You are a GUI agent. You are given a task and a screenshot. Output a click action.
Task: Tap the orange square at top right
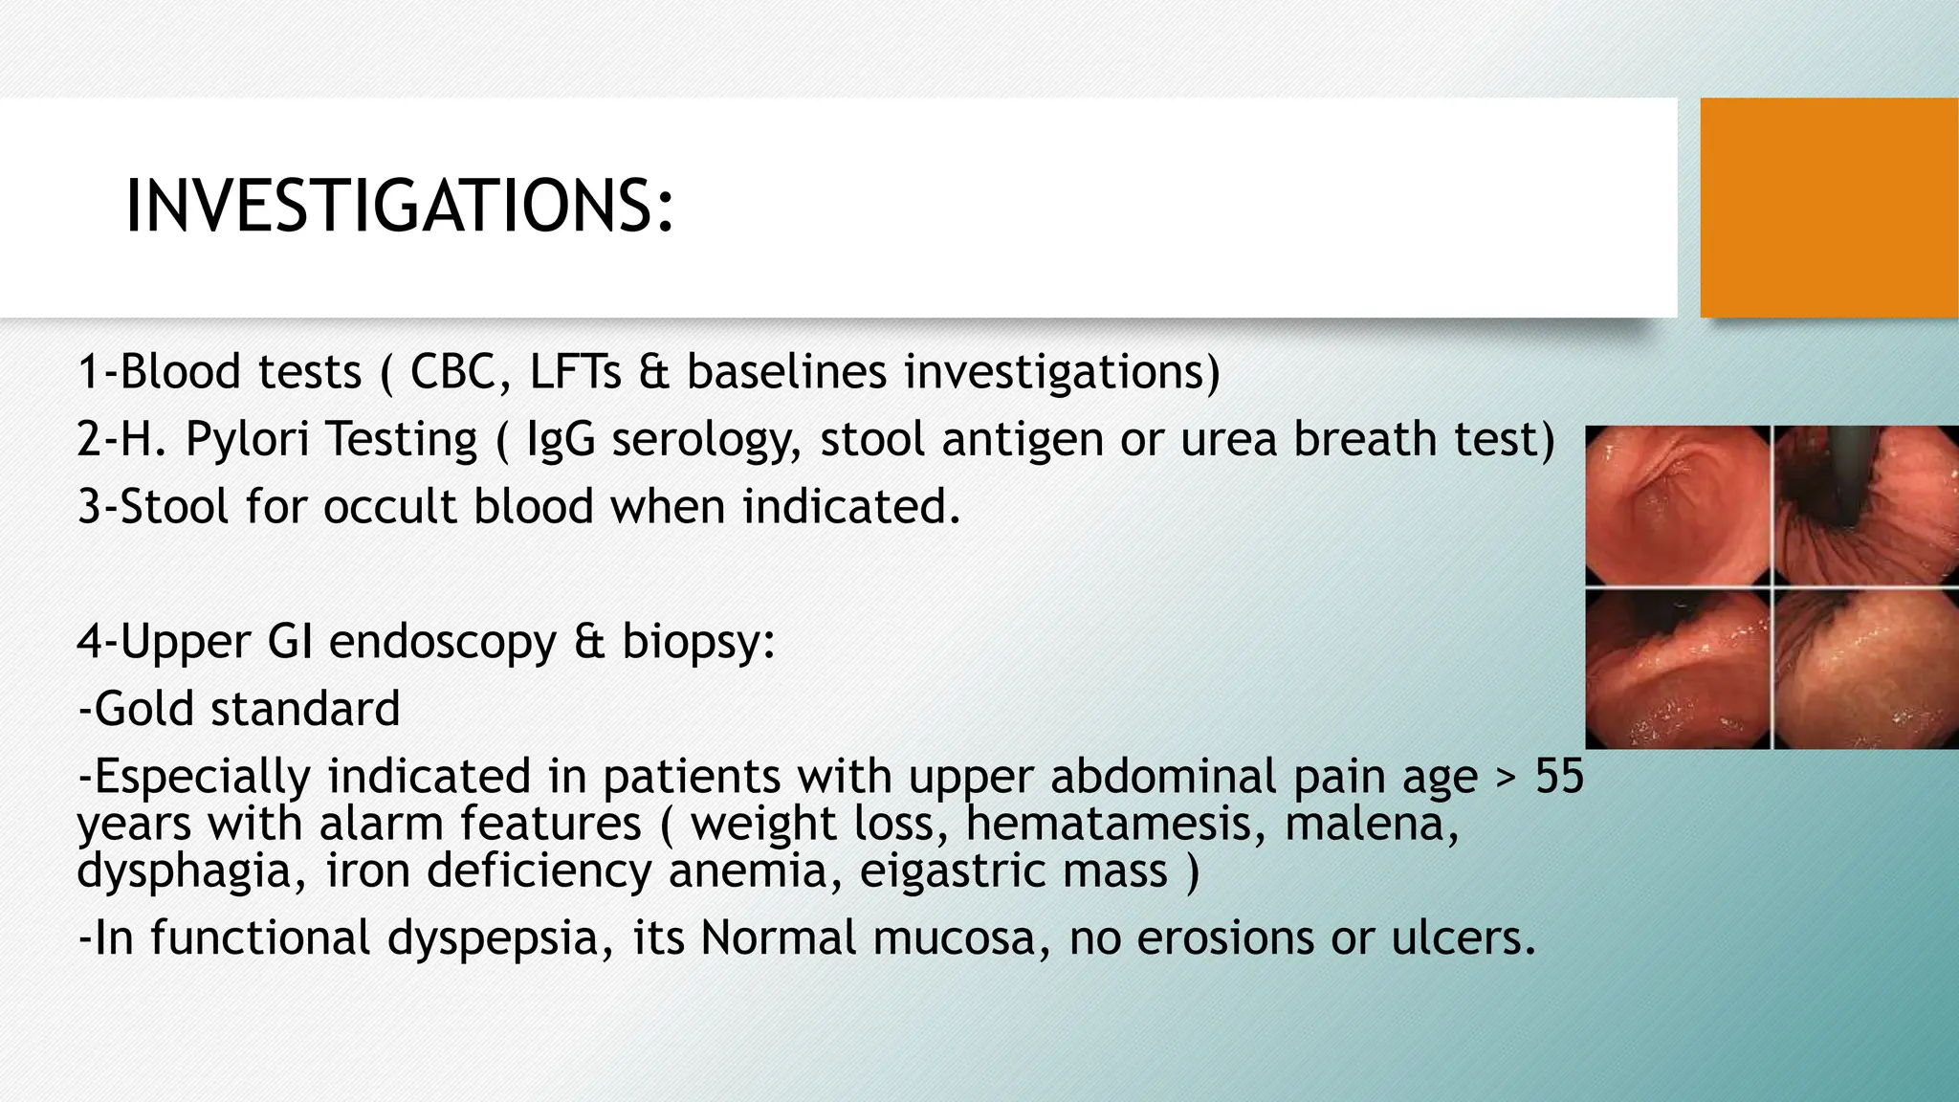tap(1829, 207)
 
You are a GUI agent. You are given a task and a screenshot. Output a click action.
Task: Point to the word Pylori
tap(246, 440)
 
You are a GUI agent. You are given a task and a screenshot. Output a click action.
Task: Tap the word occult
tap(390, 506)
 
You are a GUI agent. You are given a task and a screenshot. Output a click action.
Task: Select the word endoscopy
tap(442, 641)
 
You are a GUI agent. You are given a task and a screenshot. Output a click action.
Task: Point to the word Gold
tap(141, 709)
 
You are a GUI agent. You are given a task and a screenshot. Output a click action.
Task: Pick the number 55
tap(1559, 776)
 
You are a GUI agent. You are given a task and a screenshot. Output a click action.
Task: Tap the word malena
tap(1371, 824)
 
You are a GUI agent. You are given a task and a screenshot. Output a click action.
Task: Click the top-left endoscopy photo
tap(1677, 505)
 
